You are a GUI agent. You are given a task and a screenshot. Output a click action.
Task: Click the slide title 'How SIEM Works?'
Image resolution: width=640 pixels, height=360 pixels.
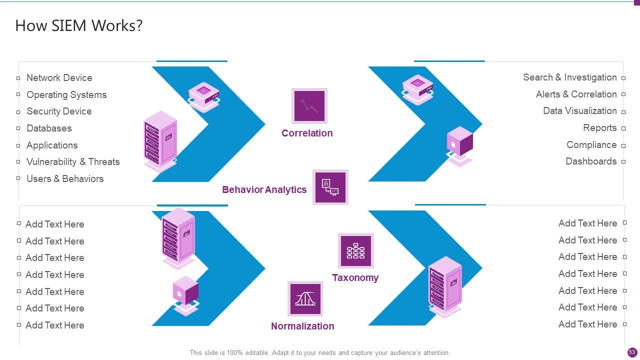click(79, 25)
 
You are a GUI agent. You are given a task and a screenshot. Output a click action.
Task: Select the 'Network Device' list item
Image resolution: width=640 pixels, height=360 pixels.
click(59, 77)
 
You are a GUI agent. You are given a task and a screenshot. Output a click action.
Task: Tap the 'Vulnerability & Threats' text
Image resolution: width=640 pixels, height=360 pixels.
click(73, 161)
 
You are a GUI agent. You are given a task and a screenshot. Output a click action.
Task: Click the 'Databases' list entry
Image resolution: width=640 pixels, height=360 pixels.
click(49, 128)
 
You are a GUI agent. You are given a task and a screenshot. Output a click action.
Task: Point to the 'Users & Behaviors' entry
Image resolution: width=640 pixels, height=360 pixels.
click(65, 179)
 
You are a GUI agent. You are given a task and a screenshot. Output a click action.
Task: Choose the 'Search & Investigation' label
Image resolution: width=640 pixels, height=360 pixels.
click(570, 77)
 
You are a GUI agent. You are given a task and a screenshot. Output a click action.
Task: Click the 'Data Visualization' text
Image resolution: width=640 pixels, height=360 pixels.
click(580, 111)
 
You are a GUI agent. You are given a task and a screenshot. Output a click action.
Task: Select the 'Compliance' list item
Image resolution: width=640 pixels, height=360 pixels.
click(591, 145)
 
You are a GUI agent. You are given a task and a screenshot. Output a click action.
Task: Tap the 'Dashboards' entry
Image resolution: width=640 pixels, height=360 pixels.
click(591, 161)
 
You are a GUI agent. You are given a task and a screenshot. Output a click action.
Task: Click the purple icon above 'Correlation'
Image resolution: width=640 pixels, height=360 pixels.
click(309, 106)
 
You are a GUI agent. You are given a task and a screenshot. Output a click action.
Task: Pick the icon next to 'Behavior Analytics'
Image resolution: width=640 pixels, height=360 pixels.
click(330, 187)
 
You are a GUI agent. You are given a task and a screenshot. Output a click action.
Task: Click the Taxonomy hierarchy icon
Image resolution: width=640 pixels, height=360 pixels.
click(355, 251)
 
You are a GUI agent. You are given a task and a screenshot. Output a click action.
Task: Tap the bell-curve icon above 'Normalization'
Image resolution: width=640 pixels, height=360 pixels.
click(305, 298)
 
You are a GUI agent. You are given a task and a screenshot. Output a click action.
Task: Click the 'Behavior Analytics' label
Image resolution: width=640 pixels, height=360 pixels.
click(264, 189)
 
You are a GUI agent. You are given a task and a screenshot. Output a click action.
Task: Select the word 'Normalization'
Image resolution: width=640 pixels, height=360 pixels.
click(302, 326)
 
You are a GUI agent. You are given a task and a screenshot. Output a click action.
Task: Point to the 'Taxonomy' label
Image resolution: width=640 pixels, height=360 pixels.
click(355, 277)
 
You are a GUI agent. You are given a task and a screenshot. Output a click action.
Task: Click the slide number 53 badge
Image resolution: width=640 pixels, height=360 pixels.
click(632, 352)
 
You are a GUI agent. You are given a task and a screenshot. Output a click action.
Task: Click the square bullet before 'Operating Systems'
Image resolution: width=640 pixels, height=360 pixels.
click(18, 94)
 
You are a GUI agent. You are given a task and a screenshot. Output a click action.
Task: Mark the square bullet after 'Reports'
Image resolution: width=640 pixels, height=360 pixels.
click(623, 128)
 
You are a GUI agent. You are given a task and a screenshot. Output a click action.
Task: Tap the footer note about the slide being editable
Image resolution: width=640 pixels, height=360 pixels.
click(320, 353)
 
